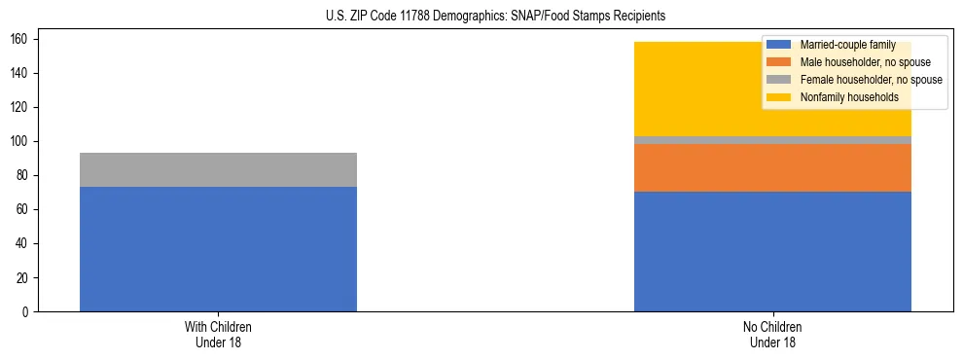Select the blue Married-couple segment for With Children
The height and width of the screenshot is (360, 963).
[x=218, y=249]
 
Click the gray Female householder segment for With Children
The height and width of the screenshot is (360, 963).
[x=218, y=170]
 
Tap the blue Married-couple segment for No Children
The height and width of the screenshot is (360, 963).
[x=772, y=251]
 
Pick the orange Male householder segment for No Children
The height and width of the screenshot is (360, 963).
[x=772, y=168]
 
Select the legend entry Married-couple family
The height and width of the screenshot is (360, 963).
[x=847, y=45]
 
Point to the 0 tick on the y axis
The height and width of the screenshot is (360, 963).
[x=26, y=311]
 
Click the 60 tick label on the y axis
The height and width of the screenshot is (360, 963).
[x=23, y=209]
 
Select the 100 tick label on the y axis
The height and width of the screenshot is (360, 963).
[x=20, y=141]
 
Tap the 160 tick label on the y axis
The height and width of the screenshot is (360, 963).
[x=20, y=39]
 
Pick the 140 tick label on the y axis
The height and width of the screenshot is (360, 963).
[x=20, y=73]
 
